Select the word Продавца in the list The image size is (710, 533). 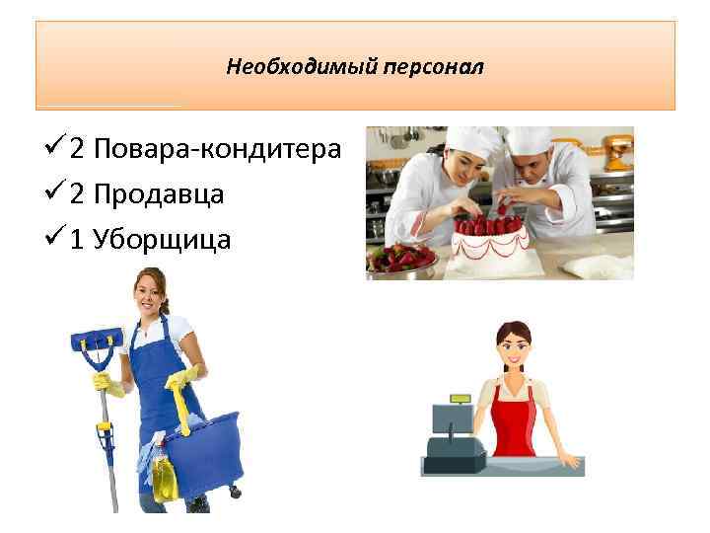161,194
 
